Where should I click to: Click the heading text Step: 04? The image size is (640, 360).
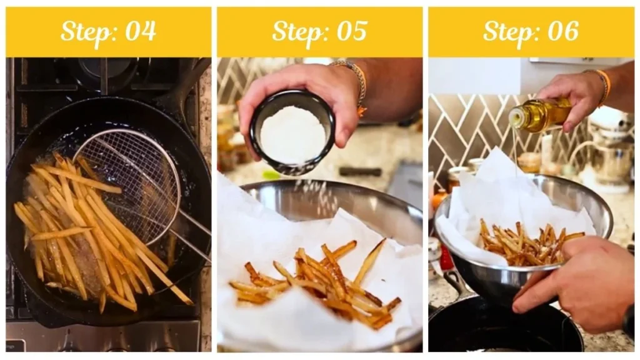pos(108,31)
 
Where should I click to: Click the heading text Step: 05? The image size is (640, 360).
pos(319,31)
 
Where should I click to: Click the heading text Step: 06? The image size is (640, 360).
pos(531,31)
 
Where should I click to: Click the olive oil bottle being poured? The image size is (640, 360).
pos(541,115)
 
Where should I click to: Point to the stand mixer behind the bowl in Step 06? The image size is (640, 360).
pos(609,150)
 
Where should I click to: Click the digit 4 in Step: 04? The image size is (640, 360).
pos(149,31)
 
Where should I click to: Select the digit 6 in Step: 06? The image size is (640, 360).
pos(571,31)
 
